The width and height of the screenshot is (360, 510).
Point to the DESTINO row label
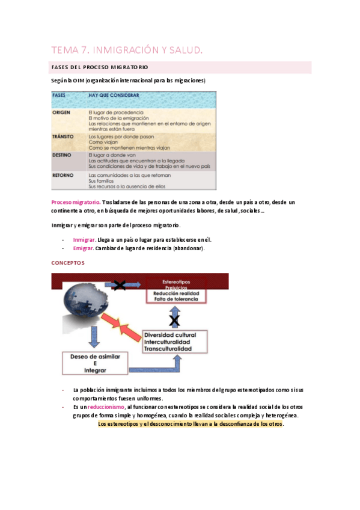point(63,155)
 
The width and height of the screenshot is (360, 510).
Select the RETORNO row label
point(63,175)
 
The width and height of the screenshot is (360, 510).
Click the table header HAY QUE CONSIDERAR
point(114,95)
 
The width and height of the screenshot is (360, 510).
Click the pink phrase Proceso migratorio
point(76,203)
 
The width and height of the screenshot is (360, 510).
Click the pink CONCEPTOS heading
point(68,263)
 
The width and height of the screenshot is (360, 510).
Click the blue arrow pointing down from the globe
point(93,342)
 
